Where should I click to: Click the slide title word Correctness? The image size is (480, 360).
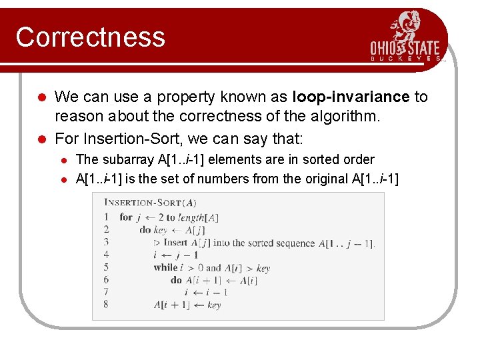pyautogui.click(x=90, y=37)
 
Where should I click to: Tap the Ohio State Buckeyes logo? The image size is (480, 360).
pyautogui.click(x=405, y=37)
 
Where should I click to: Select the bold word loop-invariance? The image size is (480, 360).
pyautogui.click(x=351, y=97)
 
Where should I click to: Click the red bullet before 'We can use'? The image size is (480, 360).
pyautogui.click(x=41, y=97)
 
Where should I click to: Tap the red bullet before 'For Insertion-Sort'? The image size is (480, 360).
pyautogui.click(x=41, y=139)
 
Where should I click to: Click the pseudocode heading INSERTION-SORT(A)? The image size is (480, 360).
pyautogui.click(x=150, y=203)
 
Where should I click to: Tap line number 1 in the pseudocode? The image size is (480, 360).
pyautogui.click(x=106, y=217)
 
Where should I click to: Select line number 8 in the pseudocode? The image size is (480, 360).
pyautogui.click(x=106, y=304)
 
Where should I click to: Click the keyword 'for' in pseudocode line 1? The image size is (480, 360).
pyautogui.click(x=126, y=217)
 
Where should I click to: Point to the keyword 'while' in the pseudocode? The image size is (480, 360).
pyautogui.click(x=165, y=267)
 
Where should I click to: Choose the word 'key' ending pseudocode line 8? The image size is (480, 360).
pyautogui.click(x=214, y=305)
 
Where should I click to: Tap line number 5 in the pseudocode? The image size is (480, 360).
pyautogui.click(x=106, y=267)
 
